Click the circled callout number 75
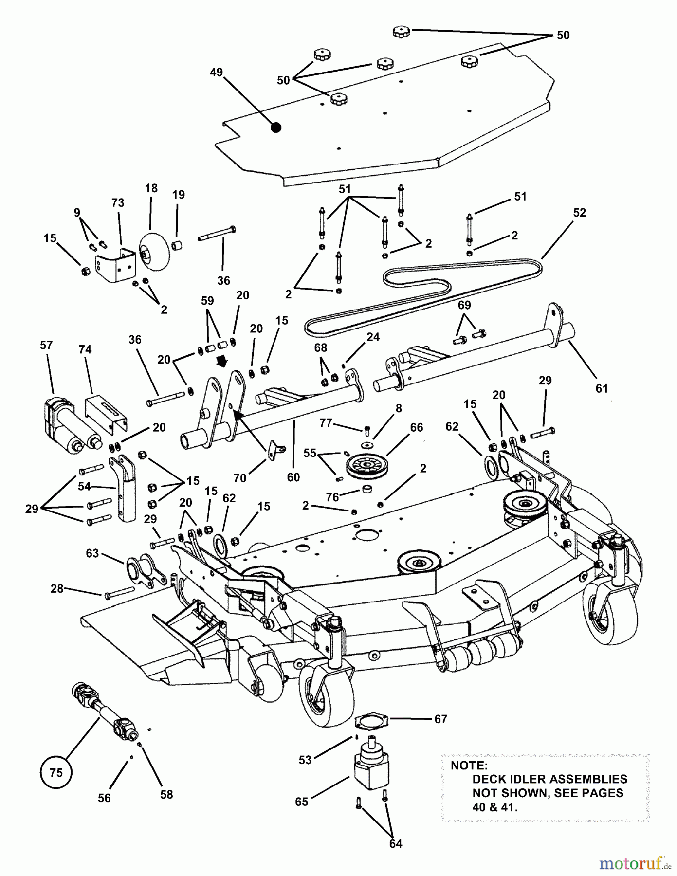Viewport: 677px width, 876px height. (56, 772)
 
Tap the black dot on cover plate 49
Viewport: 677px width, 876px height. (276, 128)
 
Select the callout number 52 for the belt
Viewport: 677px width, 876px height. (580, 213)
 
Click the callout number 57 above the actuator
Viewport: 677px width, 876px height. (46, 345)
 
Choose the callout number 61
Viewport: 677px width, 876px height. (602, 388)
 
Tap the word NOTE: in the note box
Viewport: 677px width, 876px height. (469, 765)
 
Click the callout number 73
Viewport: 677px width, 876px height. (118, 203)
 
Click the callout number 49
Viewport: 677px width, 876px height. (216, 73)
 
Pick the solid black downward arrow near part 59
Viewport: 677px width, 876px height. (224, 363)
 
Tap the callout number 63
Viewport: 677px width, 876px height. (92, 553)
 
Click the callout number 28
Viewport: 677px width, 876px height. (57, 589)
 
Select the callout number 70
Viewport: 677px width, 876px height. (240, 478)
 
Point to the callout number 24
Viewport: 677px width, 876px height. (373, 337)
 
